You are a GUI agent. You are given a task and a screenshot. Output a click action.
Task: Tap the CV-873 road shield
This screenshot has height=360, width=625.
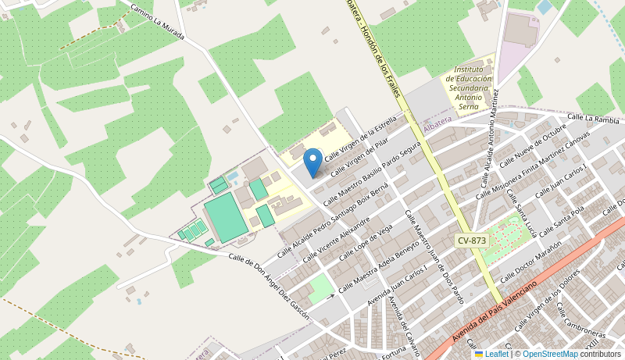[472, 241]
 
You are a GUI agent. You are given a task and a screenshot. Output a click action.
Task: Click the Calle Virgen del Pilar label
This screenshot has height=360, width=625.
[360, 156]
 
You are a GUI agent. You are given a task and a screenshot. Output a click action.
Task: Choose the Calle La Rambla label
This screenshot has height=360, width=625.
[593, 119]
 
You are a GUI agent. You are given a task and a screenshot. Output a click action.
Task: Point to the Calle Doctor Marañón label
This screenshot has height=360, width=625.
[530, 261]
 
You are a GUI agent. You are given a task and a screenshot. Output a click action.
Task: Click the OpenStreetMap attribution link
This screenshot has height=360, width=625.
[551, 355]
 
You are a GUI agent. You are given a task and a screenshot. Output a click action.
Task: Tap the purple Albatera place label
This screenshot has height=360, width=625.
[437, 125]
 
